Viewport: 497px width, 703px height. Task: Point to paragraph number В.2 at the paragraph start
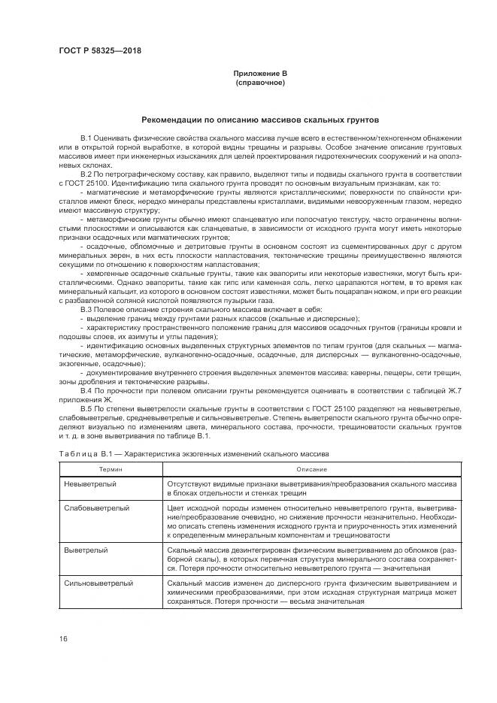(x=87, y=175)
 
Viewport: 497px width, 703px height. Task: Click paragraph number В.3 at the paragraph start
(x=87, y=311)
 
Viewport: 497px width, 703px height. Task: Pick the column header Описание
(x=312, y=469)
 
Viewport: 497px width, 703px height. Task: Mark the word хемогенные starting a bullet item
(x=110, y=276)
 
